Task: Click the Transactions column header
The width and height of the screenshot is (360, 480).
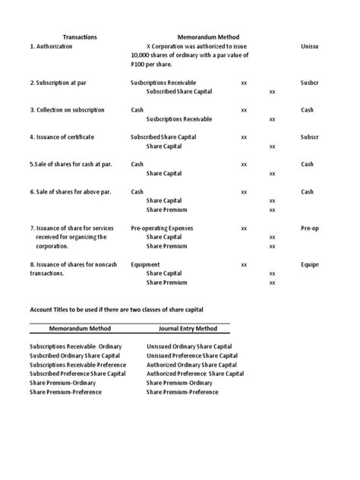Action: click(x=80, y=36)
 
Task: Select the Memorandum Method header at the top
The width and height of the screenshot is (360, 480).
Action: click(x=209, y=36)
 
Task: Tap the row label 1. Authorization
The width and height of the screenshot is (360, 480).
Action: click(x=52, y=46)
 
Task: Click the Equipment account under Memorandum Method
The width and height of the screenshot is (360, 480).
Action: click(x=146, y=264)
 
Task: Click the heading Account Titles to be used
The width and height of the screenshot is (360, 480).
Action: click(x=117, y=311)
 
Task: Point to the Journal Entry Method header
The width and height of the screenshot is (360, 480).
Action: click(x=188, y=329)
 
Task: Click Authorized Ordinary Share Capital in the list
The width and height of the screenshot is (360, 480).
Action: click(x=190, y=365)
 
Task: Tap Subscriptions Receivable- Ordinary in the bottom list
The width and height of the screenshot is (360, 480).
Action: click(x=75, y=346)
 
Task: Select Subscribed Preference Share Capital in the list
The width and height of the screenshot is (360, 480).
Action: click(x=78, y=374)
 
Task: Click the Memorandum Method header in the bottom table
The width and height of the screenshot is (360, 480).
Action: click(x=80, y=329)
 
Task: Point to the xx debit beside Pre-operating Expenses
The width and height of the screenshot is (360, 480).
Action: click(x=244, y=228)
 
